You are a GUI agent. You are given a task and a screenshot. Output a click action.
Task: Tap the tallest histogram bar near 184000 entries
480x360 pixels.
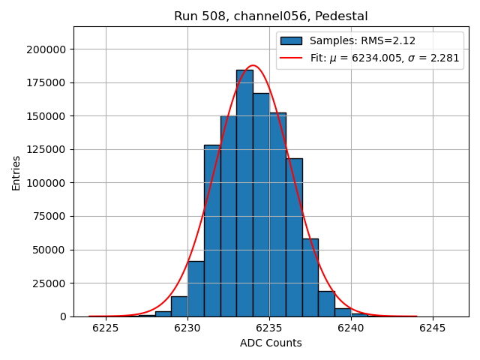244,195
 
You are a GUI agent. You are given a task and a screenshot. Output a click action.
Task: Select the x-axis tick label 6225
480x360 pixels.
106,328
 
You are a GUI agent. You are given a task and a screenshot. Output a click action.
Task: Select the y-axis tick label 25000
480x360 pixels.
49,283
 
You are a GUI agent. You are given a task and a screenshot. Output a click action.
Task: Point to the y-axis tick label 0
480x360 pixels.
63,316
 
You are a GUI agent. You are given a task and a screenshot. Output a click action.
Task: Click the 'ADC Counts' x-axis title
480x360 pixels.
271,343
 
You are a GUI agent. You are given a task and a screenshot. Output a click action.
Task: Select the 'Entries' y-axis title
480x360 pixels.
16,172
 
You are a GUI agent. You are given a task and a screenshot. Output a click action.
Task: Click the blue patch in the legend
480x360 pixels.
291,40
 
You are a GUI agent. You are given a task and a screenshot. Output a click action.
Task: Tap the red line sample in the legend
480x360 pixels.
291,57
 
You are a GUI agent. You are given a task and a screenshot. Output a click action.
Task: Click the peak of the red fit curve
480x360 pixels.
253,66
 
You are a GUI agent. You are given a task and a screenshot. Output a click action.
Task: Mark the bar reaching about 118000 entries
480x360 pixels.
294,240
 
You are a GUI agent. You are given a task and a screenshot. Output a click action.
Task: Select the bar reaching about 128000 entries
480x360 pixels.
212,232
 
